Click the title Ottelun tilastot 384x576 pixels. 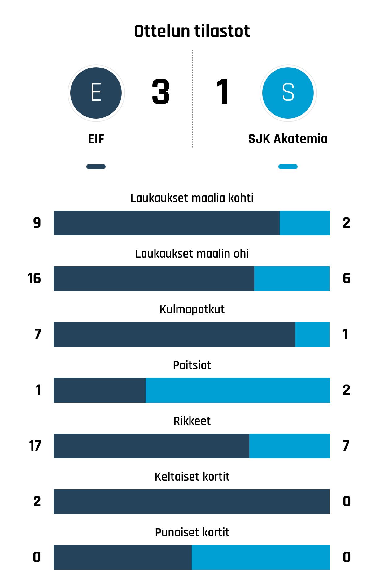192,31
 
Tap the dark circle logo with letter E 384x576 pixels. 96,93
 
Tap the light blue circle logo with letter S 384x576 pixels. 288,93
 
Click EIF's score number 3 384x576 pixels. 161,92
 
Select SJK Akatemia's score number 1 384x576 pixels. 223,92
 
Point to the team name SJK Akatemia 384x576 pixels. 288,139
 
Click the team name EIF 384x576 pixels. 96,139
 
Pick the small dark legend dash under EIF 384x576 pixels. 96,167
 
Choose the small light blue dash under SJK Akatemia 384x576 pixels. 288,167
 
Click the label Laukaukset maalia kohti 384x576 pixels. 192,198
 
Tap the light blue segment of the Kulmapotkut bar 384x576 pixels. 312,334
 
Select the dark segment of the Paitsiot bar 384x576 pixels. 99,390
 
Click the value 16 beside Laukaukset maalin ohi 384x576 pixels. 34,278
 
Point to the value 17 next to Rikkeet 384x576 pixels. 35,446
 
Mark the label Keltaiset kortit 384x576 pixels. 192,477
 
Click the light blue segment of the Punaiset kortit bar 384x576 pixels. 261,557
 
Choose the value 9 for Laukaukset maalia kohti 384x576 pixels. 37,223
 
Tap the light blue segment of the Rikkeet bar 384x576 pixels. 290,446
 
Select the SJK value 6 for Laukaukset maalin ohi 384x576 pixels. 347,278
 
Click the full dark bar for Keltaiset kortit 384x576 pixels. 192,502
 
